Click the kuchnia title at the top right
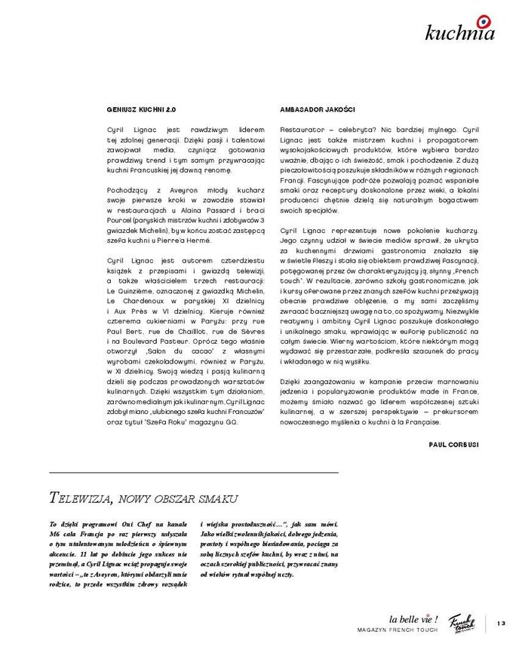pyautogui.click(x=459, y=33)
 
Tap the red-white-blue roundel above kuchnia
pyautogui.click(x=482, y=20)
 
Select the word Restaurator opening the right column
pyautogui.click(x=301, y=130)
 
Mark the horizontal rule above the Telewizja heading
pyautogui.click(x=193, y=472)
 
